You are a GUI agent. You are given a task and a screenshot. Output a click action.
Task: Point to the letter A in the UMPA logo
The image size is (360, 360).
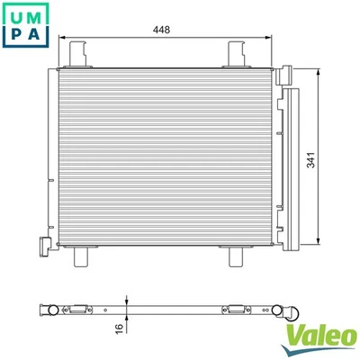pyautogui.click(x=31, y=32)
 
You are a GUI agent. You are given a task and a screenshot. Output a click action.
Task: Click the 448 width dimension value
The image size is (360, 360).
pyautogui.click(x=162, y=30)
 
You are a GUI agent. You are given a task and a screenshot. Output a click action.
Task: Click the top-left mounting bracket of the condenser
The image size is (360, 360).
pyautogui.click(x=79, y=51)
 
